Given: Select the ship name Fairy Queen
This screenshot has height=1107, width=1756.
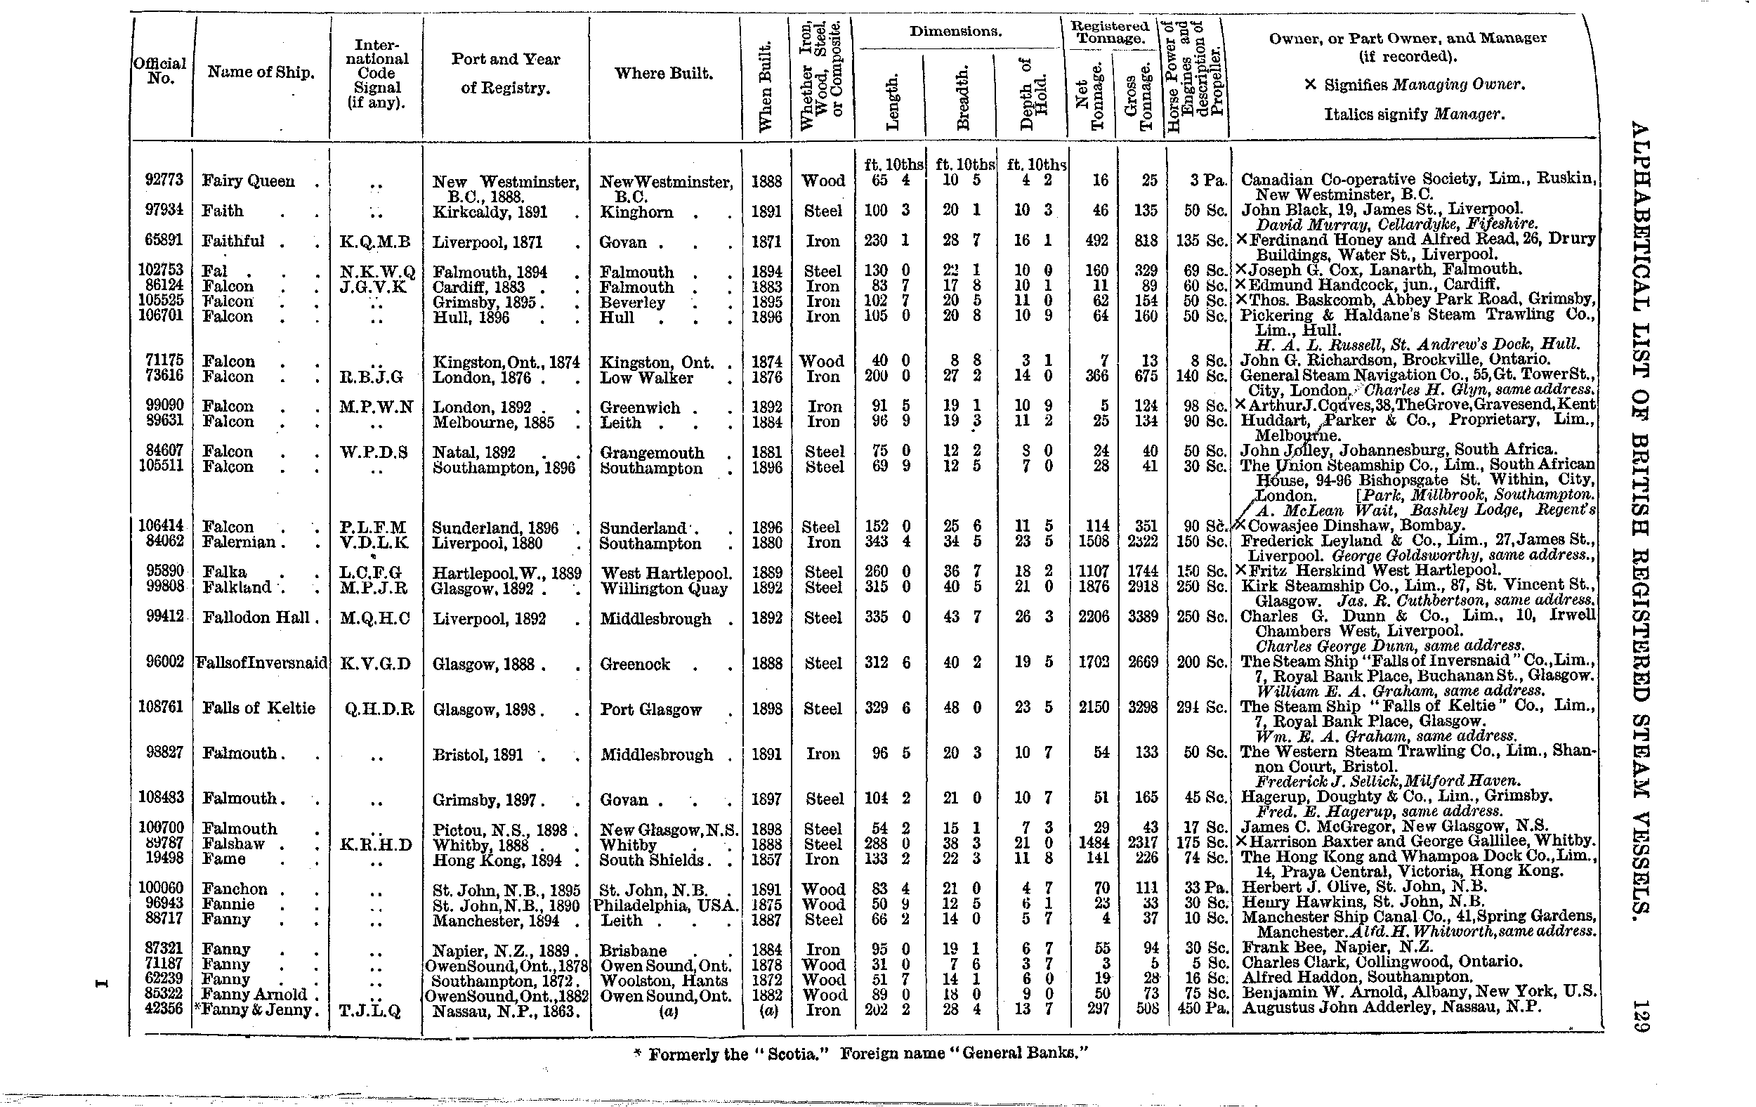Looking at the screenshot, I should [x=248, y=181].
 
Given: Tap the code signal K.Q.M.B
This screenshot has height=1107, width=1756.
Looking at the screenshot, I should [x=375, y=242].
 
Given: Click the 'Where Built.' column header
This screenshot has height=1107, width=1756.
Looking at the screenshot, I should [x=664, y=73].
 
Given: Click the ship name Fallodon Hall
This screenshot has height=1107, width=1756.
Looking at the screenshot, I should [x=255, y=617].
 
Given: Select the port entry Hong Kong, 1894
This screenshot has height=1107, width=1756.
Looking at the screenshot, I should [x=497, y=860].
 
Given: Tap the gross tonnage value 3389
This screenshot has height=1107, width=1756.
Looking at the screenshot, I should [x=1142, y=617].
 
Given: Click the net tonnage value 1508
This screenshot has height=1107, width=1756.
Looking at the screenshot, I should [x=1093, y=542].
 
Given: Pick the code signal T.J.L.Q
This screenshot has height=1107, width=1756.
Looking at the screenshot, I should [x=375, y=1011].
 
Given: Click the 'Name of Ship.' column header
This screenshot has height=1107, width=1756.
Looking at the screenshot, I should [x=261, y=72].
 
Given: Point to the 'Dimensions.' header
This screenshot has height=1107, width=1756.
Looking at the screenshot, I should [x=955, y=32].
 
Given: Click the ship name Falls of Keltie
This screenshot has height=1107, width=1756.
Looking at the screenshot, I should [x=258, y=708].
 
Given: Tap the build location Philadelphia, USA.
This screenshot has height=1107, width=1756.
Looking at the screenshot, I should [x=665, y=905].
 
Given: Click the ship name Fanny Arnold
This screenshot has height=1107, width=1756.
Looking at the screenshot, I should [x=254, y=995].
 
